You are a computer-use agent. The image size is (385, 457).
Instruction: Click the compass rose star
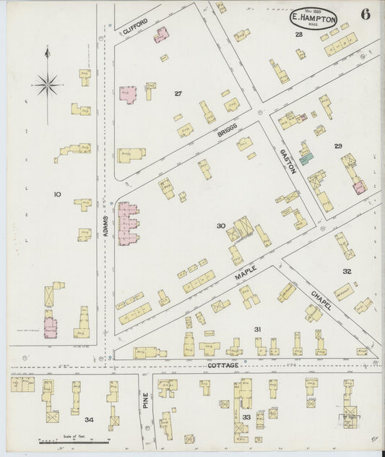pos(48,85)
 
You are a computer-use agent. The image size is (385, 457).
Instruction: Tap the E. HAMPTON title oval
pos(314,17)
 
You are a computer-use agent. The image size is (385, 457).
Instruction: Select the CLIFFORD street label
pos(135,27)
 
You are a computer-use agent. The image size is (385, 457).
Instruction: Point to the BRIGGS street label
pos(228,133)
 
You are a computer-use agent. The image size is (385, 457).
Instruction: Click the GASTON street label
pos(288,161)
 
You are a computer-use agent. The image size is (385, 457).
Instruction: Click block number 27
pos(178,93)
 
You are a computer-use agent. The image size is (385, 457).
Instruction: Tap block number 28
pos(298,34)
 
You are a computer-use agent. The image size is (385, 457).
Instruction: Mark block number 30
pos(221,226)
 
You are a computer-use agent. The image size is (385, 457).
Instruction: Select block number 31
pos(257,329)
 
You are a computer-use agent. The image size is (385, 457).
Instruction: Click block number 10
pos(57,194)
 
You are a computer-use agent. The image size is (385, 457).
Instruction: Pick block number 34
pos(88,419)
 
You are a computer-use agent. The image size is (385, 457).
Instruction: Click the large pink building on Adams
pos(128,223)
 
